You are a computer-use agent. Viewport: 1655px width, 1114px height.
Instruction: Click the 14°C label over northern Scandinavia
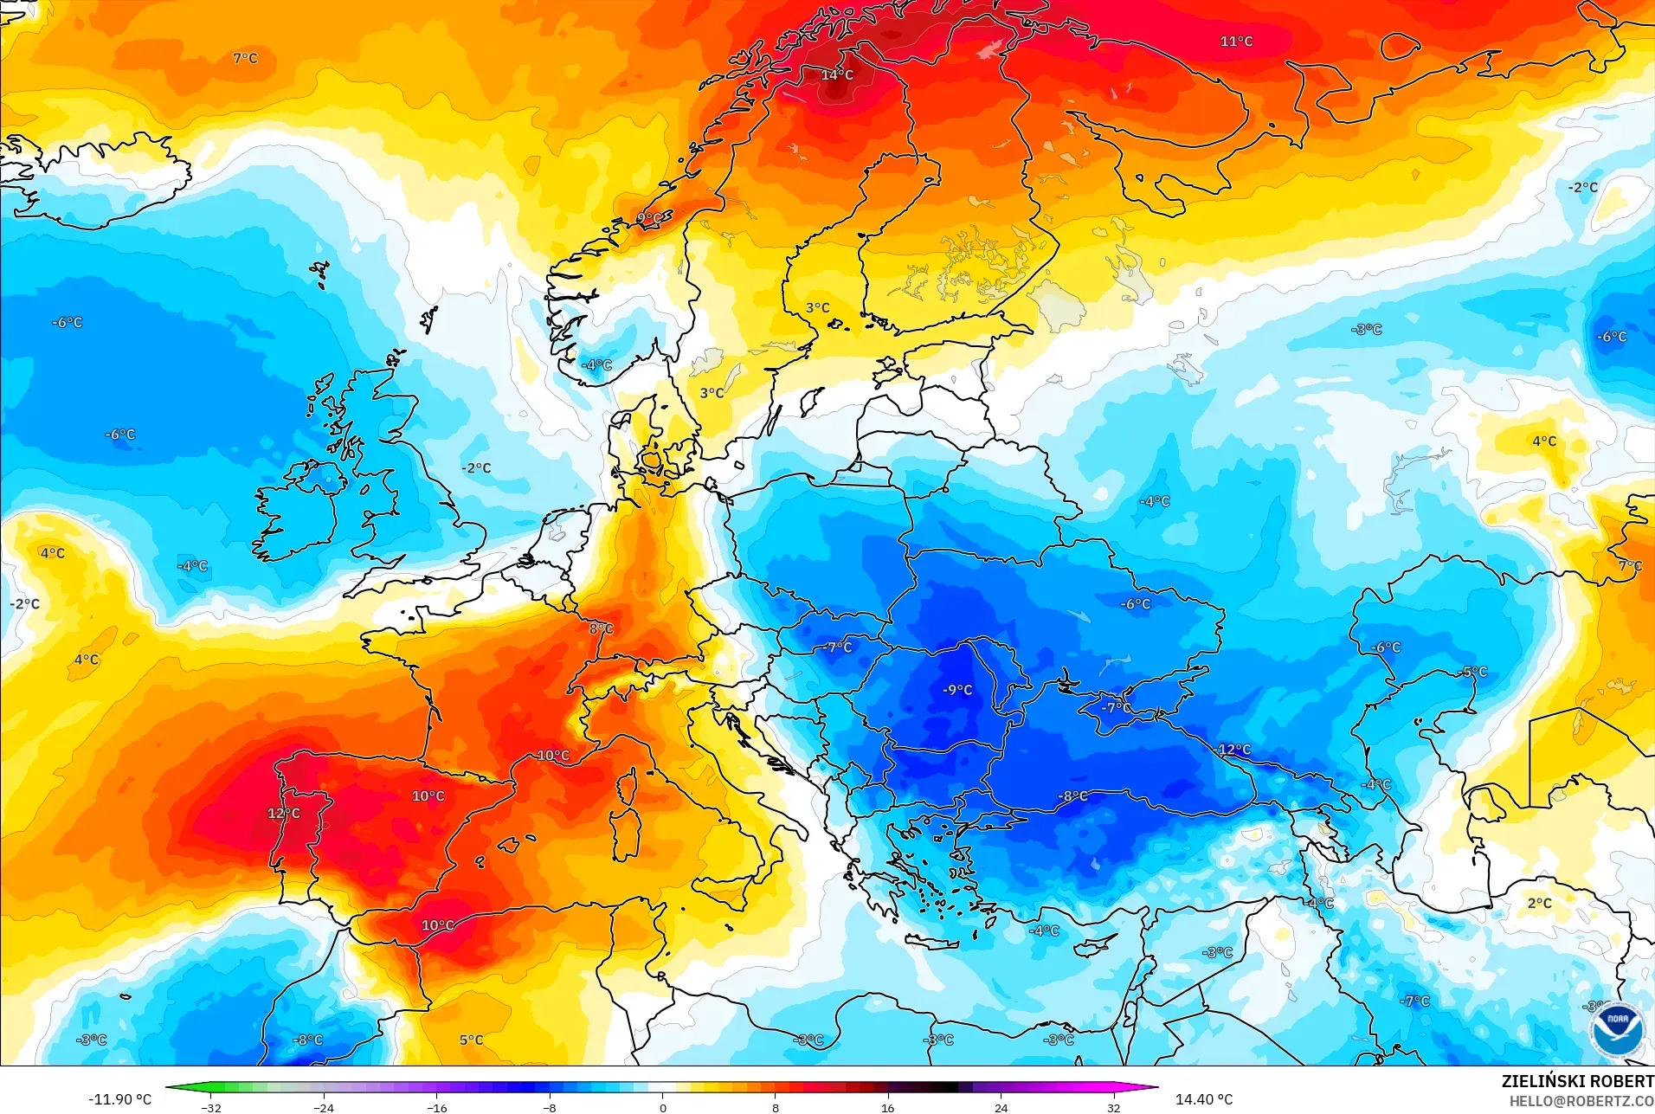(x=837, y=75)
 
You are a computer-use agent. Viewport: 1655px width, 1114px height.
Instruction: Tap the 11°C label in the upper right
(x=1236, y=42)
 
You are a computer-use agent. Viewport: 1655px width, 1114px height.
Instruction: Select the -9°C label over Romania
(x=957, y=690)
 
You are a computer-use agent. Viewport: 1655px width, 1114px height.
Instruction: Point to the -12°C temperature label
(x=1233, y=750)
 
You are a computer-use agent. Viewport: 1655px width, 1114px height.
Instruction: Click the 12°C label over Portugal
(x=284, y=814)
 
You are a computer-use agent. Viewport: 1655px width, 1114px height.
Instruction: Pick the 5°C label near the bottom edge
(x=471, y=1040)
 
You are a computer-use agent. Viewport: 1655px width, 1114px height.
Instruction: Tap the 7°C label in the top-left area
(x=245, y=58)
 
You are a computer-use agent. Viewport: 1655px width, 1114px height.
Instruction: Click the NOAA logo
(x=1616, y=1028)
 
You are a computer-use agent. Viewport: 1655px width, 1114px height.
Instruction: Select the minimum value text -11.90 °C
(x=119, y=1099)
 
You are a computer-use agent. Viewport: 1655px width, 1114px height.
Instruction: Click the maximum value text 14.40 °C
(x=1203, y=1099)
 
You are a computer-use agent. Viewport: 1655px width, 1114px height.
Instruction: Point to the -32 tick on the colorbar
(x=211, y=1108)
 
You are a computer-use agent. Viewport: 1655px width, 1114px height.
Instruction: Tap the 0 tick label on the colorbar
(x=662, y=1108)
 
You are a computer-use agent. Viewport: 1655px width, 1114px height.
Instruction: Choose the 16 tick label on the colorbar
(x=887, y=1108)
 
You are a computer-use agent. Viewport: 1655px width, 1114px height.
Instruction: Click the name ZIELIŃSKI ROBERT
(x=1577, y=1081)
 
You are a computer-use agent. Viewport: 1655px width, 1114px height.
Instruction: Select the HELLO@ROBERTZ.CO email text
(x=1581, y=1101)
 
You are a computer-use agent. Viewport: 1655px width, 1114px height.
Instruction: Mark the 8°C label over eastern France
(x=601, y=628)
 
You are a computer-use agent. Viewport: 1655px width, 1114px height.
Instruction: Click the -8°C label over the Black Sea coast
(x=1072, y=795)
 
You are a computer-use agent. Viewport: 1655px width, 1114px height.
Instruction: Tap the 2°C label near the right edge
(x=1539, y=903)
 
